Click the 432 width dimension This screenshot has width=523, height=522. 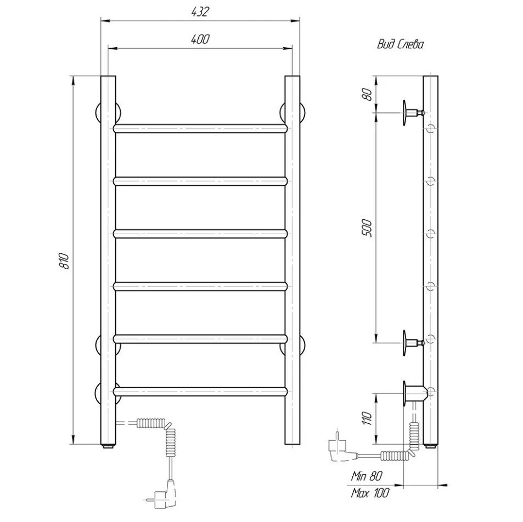[200, 12]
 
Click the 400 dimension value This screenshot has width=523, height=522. [200, 39]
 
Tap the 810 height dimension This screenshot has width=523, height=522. [64, 260]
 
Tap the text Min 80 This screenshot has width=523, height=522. [366, 476]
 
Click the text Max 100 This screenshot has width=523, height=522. [369, 493]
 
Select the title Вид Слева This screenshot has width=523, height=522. [400, 44]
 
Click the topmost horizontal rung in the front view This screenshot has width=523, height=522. [200, 129]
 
